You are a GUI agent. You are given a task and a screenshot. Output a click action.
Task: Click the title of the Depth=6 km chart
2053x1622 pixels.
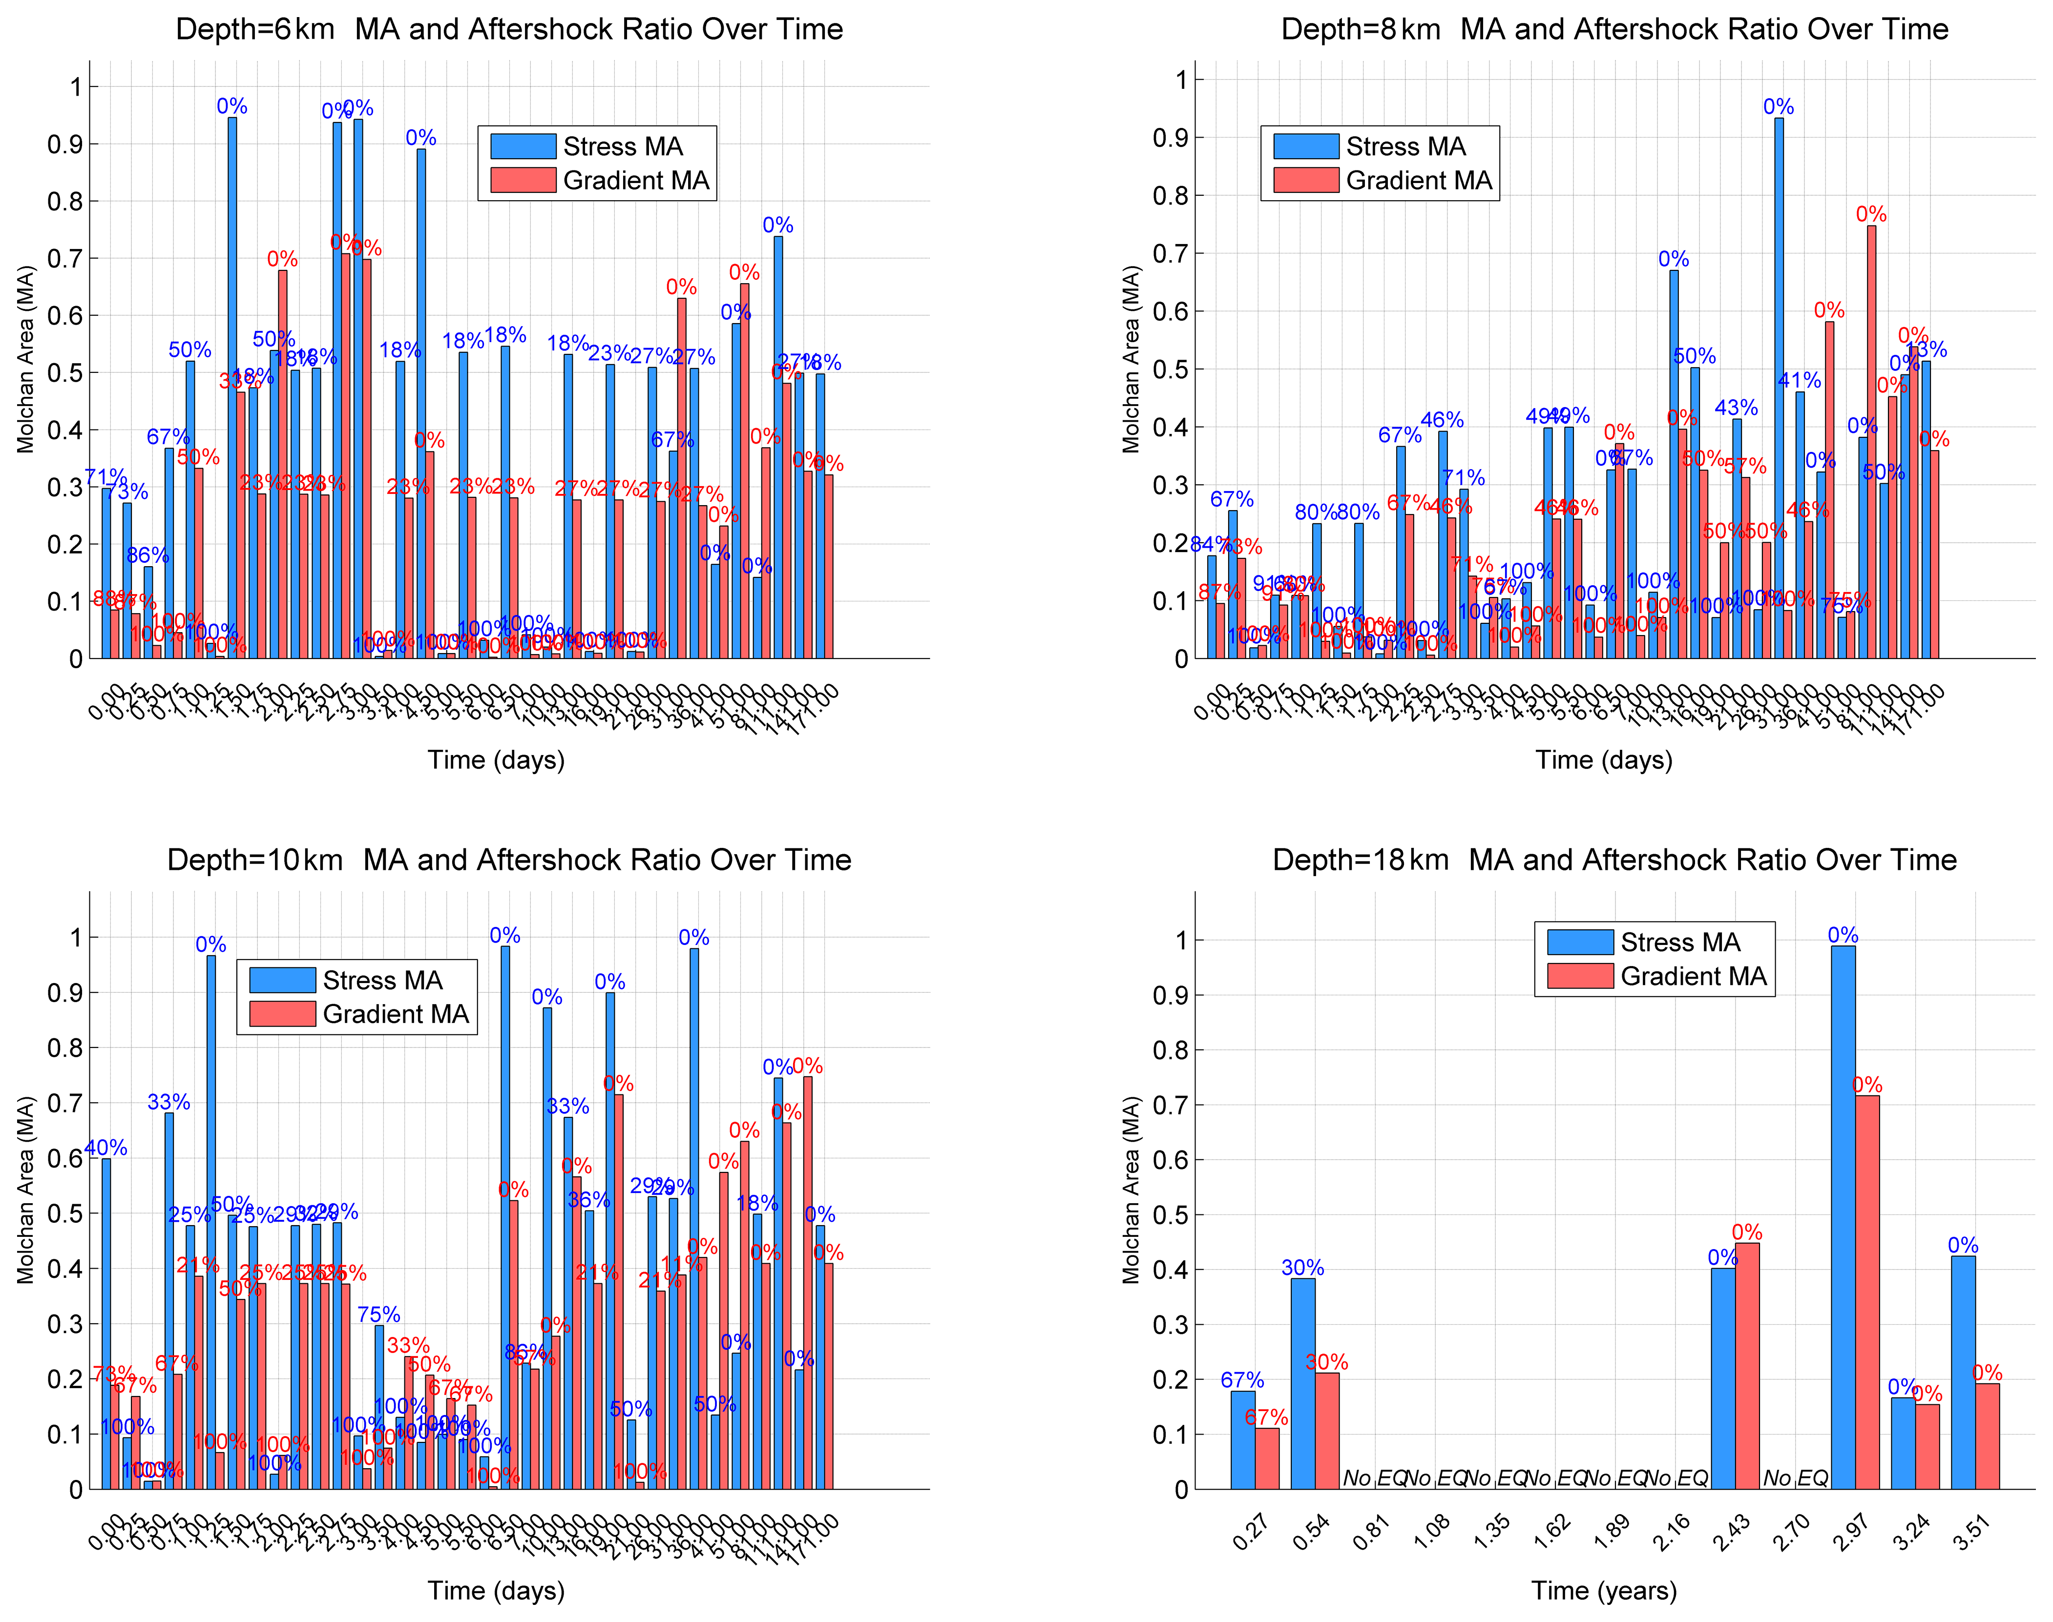pyautogui.click(x=509, y=29)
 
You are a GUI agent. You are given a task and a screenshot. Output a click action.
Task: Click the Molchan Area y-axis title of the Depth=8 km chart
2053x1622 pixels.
pyautogui.click(x=1131, y=359)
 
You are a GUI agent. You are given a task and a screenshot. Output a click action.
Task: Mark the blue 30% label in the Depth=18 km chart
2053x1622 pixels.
pyautogui.click(x=1302, y=1268)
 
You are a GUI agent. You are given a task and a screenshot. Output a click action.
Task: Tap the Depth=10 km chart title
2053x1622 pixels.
pyautogui.click(x=509, y=861)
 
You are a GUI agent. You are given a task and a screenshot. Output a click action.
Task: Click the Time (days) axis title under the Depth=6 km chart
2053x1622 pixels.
pyautogui.click(x=496, y=760)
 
